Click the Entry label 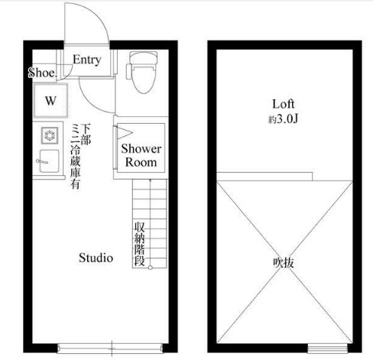click(x=87, y=60)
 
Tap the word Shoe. click(x=42, y=73)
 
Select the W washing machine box click(x=50, y=100)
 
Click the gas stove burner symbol click(x=50, y=135)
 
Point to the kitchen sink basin click(x=49, y=161)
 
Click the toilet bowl click(x=144, y=79)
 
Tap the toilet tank click(x=143, y=57)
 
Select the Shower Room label click(x=141, y=155)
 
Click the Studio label click(x=96, y=258)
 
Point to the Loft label click(x=283, y=104)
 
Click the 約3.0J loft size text click(x=283, y=119)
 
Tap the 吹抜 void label click(x=284, y=263)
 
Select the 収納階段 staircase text click(x=140, y=244)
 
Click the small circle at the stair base click(x=151, y=268)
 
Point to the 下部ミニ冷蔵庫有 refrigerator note click(x=80, y=156)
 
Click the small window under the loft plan click(x=327, y=349)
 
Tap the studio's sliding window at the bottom click(x=110, y=348)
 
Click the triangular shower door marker click(x=125, y=133)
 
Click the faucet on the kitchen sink click(x=42, y=161)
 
